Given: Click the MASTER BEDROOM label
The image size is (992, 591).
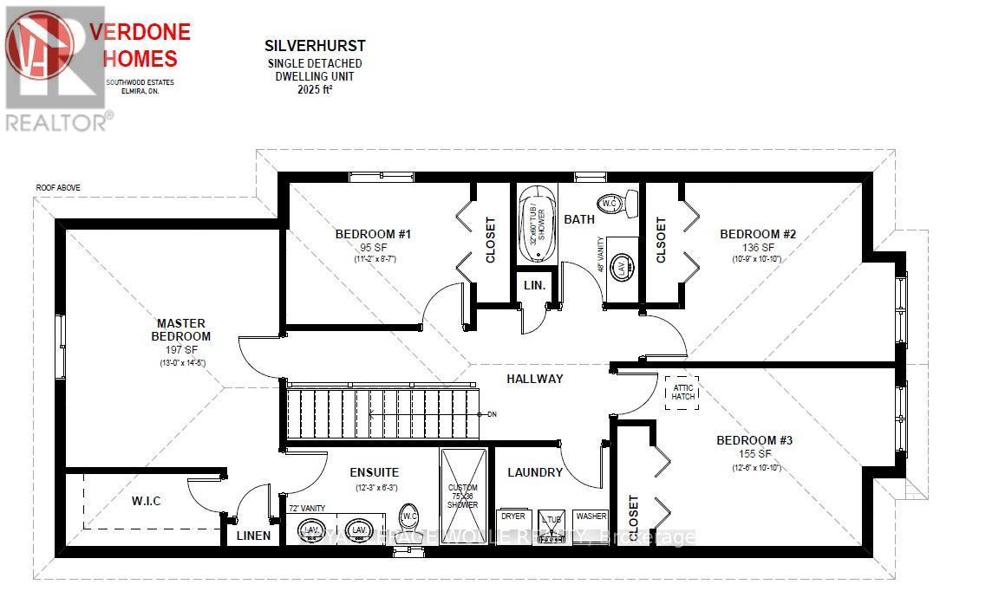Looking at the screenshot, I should click(181, 329).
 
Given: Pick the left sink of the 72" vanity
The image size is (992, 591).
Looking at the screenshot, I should click(312, 529).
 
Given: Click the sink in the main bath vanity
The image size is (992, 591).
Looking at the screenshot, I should click(622, 267).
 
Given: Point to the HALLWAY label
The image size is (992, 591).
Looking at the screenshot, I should click(535, 379).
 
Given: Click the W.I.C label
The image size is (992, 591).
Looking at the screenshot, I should click(146, 501).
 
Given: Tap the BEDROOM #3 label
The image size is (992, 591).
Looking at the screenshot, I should click(754, 440).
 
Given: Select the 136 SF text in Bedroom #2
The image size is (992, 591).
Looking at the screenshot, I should click(757, 247).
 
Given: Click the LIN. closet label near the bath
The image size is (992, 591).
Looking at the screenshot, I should click(532, 286).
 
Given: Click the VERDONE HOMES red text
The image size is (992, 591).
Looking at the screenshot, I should click(140, 45).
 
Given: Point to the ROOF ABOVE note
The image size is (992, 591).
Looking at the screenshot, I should click(58, 187).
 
